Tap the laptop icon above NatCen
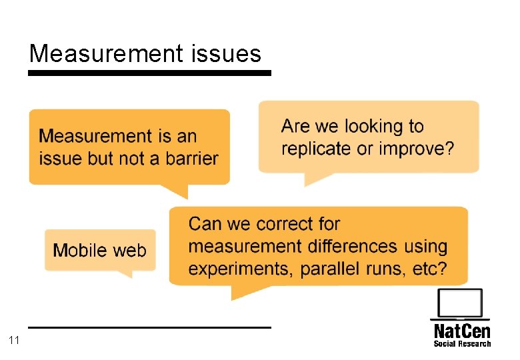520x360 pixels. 460,305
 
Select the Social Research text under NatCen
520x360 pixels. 462,344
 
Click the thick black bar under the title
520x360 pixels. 149,73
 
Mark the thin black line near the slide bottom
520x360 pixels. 149,327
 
